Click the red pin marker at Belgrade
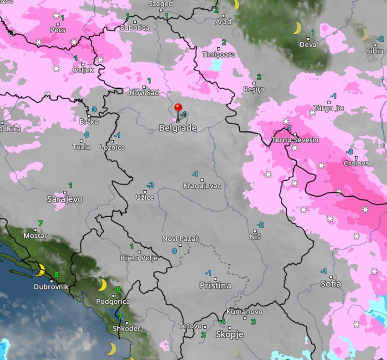(x=178, y=108)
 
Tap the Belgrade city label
(x=178, y=128)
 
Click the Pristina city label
(x=215, y=286)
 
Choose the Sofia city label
(x=331, y=284)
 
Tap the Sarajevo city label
(x=65, y=199)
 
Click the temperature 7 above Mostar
(x=41, y=223)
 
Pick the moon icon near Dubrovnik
(x=41, y=270)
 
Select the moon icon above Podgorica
(x=102, y=285)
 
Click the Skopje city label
(x=229, y=335)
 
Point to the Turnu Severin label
(x=295, y=140)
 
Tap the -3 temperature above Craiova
(x=350, y=152)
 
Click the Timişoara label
(x=219, y=55)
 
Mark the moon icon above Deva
(x=297, y=28)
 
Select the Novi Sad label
(x=144, y=92)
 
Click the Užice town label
(x=145, y=197)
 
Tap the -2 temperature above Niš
(x=260, y=224)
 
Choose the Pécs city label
(x=58, y=30)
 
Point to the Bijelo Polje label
(x=139, y=258)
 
